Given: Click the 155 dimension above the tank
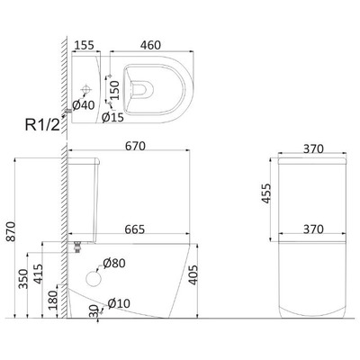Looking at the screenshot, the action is pos(84,45).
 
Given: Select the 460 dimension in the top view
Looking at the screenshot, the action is pos(150,45).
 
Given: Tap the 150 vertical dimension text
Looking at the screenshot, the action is pos(114,90).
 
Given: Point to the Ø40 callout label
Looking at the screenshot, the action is pos(84,105).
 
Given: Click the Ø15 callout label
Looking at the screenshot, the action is pos(112,117).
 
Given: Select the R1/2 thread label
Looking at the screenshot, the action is pos(42,124).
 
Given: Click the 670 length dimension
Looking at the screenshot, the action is pos(135,146).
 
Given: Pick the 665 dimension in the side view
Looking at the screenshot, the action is pos(135,229).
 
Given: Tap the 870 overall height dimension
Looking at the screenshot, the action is pos(11,231).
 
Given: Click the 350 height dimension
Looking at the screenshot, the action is pos(23,279).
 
